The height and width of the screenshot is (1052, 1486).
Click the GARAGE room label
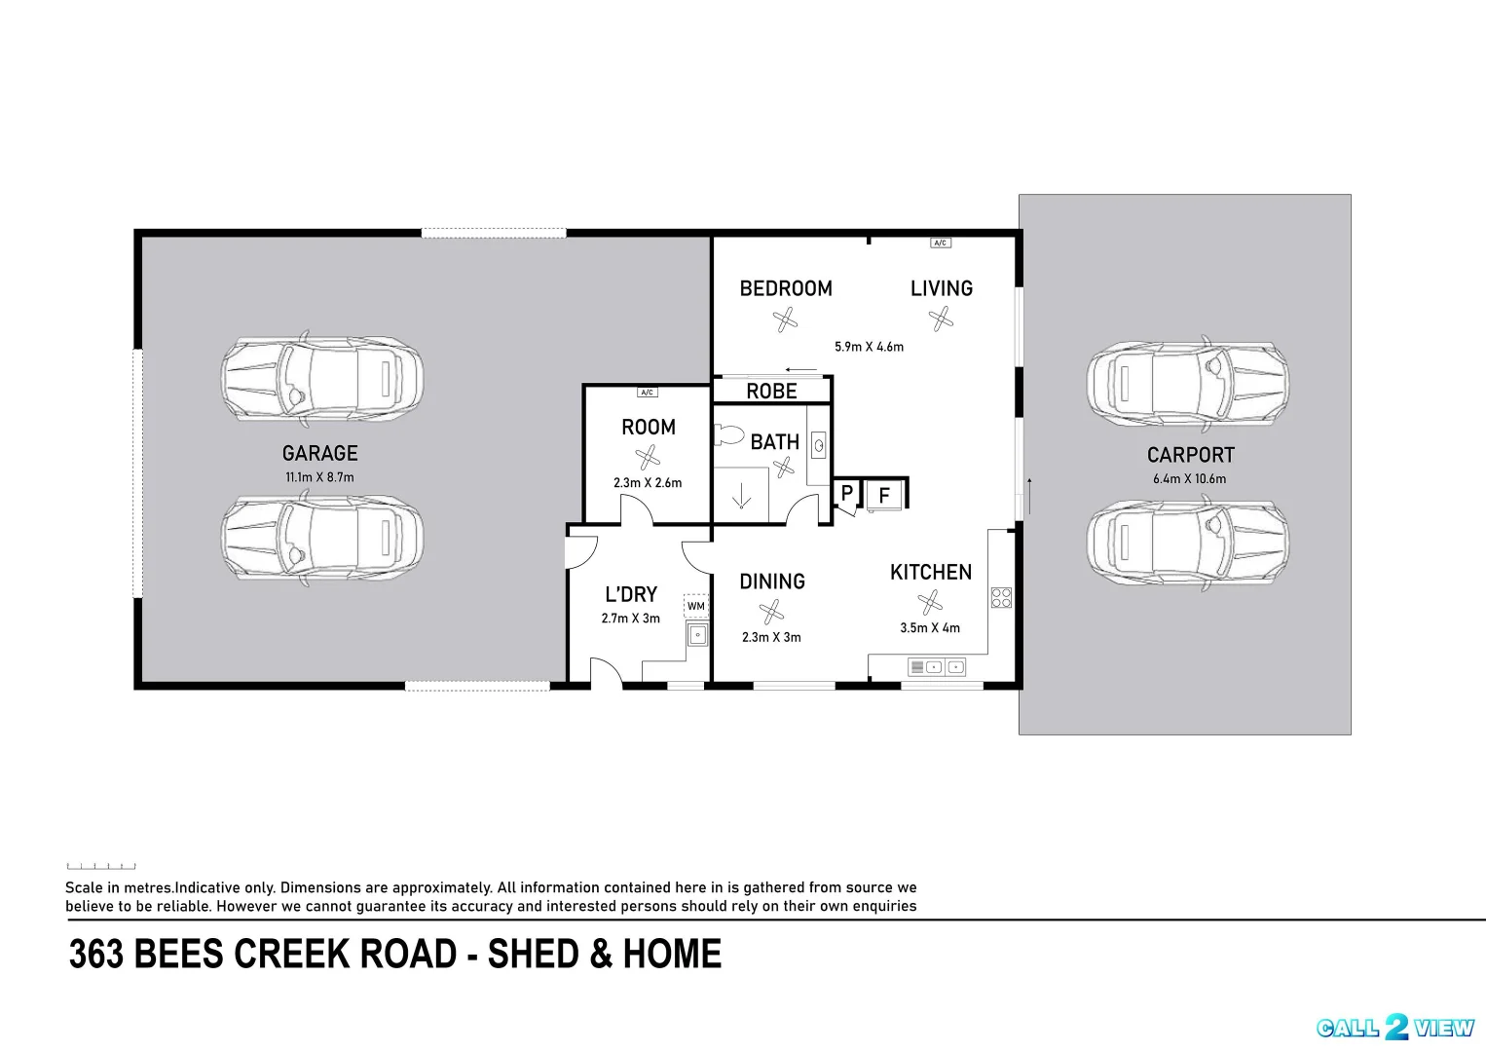[x=319, y=453]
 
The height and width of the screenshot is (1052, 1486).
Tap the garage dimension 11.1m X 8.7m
[x=319, y=477]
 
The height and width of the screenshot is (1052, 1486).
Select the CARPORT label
[x=1190, y=455]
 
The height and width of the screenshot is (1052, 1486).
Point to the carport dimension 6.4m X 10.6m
[x=1189, y=479]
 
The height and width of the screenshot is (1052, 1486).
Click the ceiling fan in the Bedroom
[x=785, y=319]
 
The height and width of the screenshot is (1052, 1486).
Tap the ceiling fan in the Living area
[x=941, y=319]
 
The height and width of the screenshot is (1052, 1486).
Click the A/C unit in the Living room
[x=940, y=243]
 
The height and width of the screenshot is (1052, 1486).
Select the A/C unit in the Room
[x=647, y=393]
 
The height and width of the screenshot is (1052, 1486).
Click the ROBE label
[x=771, y=391]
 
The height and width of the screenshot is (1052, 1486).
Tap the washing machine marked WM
[x=695, y=606]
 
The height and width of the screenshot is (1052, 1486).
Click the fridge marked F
[x=884, y=495]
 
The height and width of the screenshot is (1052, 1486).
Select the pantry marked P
[x=846, y=494]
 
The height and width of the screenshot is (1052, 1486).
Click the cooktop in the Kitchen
[x=1001, y=597]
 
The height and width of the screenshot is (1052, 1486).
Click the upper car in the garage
[x=321, y=380]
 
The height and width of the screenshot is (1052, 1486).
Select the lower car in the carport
[x=1187, y=543]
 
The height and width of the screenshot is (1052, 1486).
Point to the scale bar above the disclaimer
[x=100, y=866]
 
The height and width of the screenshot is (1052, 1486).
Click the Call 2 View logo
[x=1395, y=1028]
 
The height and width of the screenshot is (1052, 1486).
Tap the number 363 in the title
[x=96, y=954]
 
